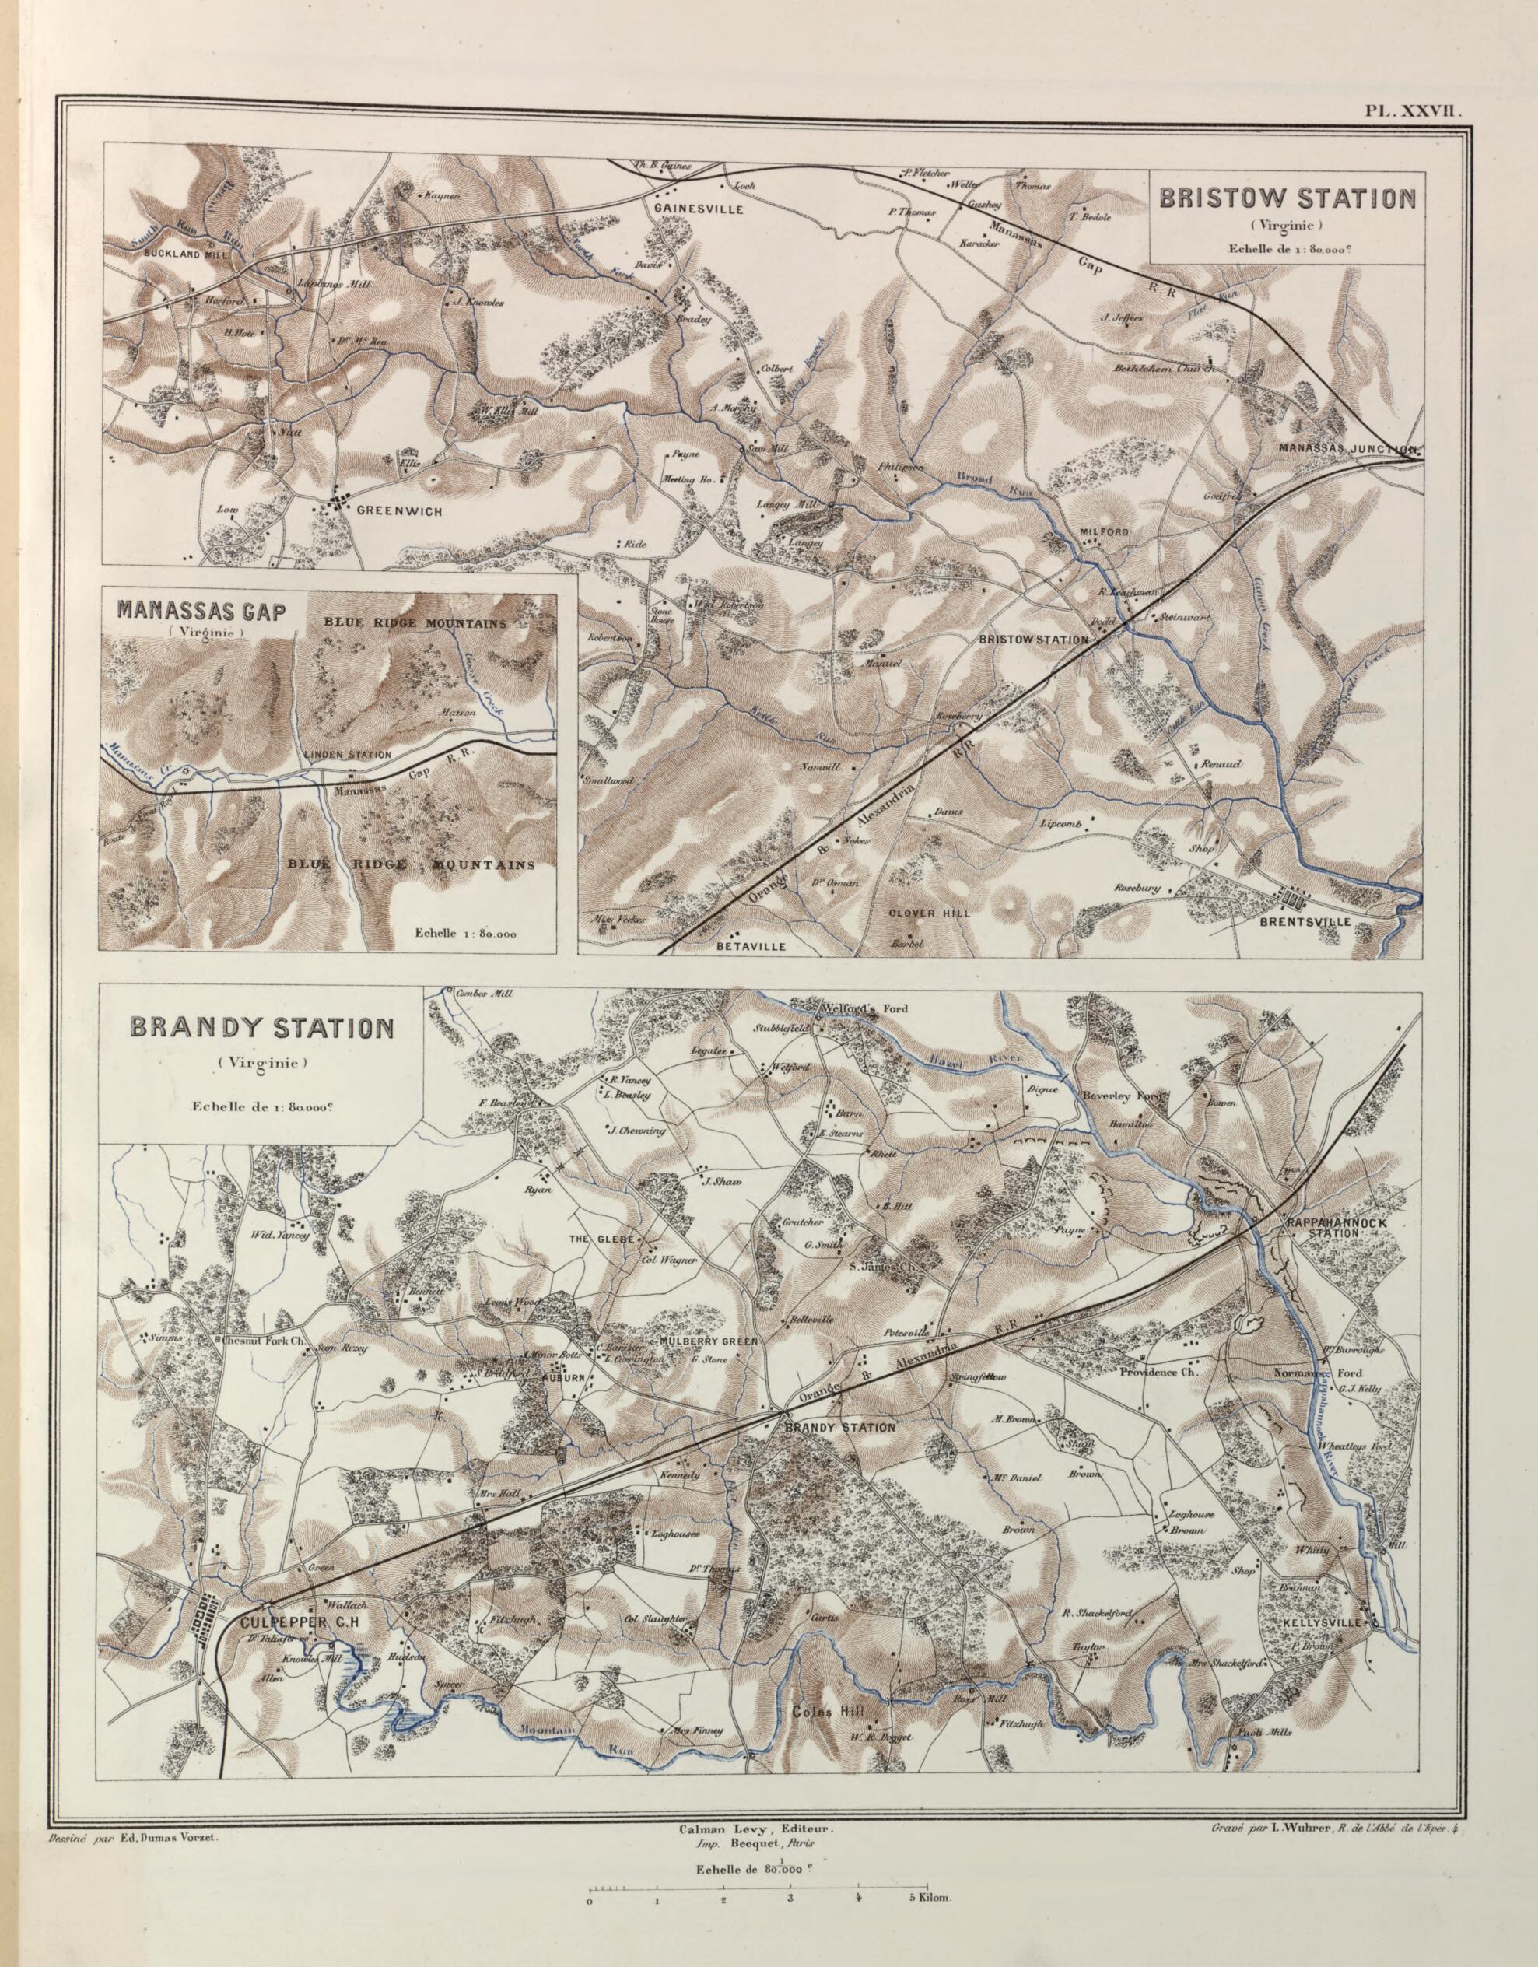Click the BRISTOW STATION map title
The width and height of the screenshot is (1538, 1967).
(1287, 198)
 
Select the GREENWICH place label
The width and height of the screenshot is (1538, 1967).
(399, 510)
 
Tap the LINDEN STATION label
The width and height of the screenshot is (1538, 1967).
(347, 755)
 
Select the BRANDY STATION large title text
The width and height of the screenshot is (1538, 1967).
(262, 1028)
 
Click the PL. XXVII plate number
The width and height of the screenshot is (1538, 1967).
(1409, 110)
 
